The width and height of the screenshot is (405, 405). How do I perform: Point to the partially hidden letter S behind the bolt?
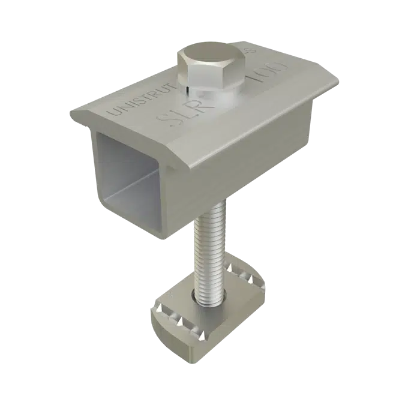click(253, 52)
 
